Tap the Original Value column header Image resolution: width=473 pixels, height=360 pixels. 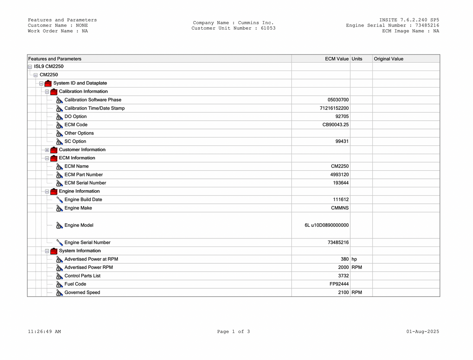click(x=388, y=59)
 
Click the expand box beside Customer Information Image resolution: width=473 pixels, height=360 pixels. click(x=47, y=150)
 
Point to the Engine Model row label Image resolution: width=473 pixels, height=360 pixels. click(x=79, y=225)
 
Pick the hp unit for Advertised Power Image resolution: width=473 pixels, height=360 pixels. click(x=354, y=259)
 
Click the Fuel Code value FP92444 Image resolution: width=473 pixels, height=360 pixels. click(x=339, y=284)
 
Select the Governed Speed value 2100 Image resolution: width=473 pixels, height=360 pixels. click(x=343, y=293)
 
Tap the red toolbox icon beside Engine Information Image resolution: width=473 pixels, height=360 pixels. click(x=54, y=191)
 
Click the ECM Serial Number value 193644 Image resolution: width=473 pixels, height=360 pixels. click(x=341, y=183)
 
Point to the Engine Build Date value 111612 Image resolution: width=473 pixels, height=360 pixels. click(x=341, y=199)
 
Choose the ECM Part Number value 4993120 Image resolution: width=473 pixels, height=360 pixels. click(x=339, y=175)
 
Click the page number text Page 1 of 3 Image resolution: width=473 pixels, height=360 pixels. click(x=233, y=332)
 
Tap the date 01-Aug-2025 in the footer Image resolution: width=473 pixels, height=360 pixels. click(x=422, y=332)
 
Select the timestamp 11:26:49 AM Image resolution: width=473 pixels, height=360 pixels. click(x=44, y=332)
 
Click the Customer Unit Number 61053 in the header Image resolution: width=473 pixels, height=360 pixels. click(x=268, y=28)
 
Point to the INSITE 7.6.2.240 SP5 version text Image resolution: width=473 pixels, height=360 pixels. click(x=409, y=20)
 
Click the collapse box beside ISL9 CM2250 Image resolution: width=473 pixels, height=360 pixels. click(x=30, y=67)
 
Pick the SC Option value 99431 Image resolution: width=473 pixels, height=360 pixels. click(x=342, y=141)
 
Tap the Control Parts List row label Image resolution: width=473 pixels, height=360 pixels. click(x=82, y=276)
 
